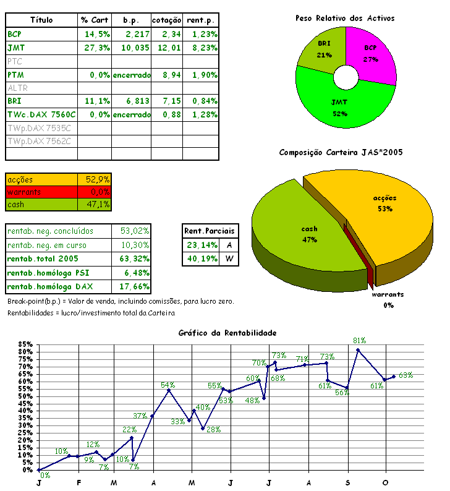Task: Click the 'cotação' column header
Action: point(166,20)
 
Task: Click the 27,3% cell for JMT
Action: point(95,48)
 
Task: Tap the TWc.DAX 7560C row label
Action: point(41,114)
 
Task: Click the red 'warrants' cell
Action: point(41,192)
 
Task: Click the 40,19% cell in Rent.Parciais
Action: point(200,258)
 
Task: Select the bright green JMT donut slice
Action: point(340,105)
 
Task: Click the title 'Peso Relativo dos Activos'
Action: point(344,18)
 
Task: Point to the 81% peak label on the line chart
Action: point(360,340)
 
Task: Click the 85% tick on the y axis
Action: point(25,344)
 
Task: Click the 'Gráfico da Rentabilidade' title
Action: point(227,333)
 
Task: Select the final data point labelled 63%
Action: point(394,377)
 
